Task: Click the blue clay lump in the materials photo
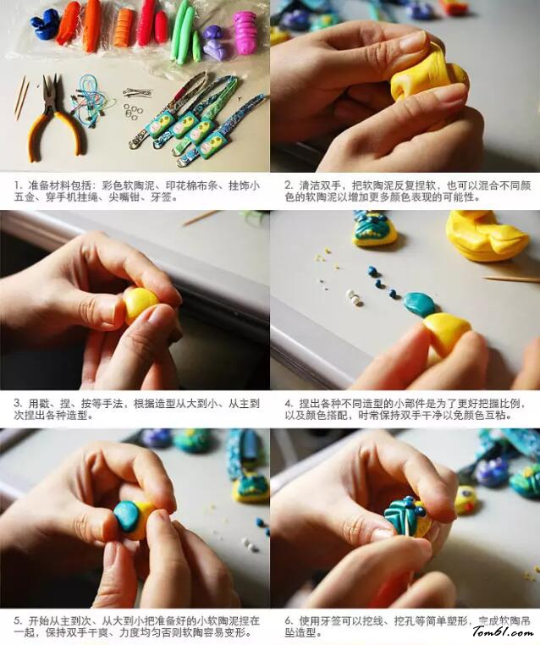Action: [44, 24]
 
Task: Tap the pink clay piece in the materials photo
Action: [245, 31]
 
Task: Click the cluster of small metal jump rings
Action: [131, 110]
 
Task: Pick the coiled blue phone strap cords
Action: [88, 99]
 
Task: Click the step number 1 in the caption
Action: [17, 186]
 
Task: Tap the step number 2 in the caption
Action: [289, 186]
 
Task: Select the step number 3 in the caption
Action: [17, 404]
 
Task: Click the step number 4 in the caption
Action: [289, 404]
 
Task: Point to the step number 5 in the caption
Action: [17, 620]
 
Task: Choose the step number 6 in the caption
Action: [289, 620]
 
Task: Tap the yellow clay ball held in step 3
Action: [140, 305]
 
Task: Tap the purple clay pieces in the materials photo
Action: [217, 42]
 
